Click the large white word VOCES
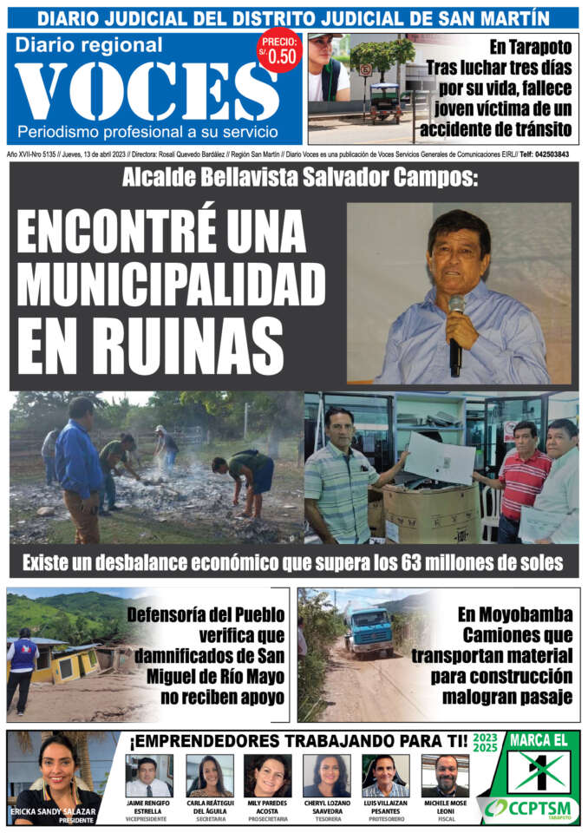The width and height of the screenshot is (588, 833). (x=147, y=92)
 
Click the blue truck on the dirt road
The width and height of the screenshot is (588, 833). (x=370, y=632)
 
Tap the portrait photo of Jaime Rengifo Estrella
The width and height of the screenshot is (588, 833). (x=148, y=775)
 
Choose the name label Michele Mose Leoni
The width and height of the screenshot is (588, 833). (x=445, y=806)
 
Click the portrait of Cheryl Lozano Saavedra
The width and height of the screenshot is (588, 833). (x=327, y=775)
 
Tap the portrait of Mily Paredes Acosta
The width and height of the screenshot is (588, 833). (x=267, y=775)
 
